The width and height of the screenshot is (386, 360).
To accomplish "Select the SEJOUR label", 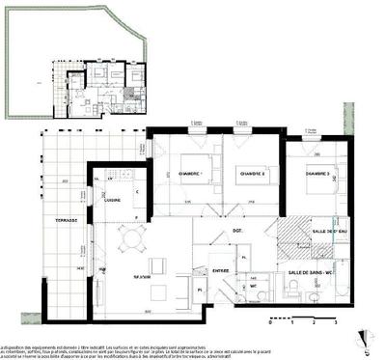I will [143, 276].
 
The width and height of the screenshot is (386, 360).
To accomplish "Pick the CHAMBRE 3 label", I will [317, 174].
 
